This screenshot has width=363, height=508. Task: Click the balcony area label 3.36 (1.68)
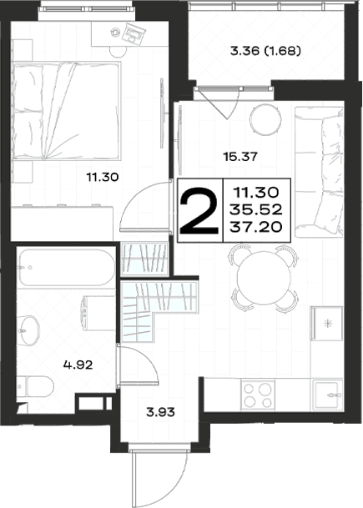coord(265,51)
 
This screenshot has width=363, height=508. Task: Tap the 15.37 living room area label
coord(240,157)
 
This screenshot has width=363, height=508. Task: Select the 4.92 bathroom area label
coord(78,365)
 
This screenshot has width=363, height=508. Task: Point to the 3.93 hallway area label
coord(160,412)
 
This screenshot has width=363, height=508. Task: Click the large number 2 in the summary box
coord(199,210)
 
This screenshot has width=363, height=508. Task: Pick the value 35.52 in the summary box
coord(255,210)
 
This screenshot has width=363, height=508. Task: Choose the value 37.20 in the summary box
coord(255,227)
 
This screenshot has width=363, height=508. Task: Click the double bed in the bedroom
coord(66,110)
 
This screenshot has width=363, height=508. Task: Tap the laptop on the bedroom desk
coord(133,33)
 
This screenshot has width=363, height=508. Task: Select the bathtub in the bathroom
coord(67,268)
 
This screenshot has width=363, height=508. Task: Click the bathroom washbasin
coord(28,329)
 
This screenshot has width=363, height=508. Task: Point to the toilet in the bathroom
coord(35,387)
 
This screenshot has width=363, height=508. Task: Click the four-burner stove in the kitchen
coord(258,395)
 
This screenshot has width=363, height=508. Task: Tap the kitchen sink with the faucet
coord(327,395)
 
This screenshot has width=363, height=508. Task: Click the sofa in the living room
coord(319,173)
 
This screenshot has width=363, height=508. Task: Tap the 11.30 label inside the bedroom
coord(103,177)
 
